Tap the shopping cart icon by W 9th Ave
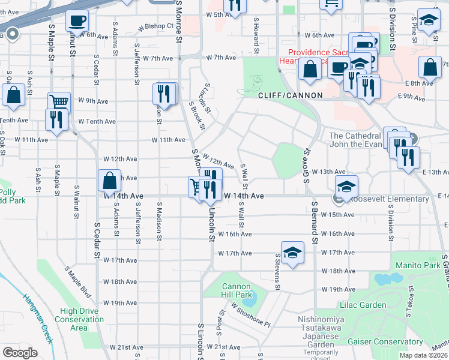(x=59, y=101)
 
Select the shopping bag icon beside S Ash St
(x=13, y=95)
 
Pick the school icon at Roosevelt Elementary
(x=346, y=187)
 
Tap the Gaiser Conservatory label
(x=378, y=342)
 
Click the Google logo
(x=20, y=353)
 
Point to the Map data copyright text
(x=423, y=355)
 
